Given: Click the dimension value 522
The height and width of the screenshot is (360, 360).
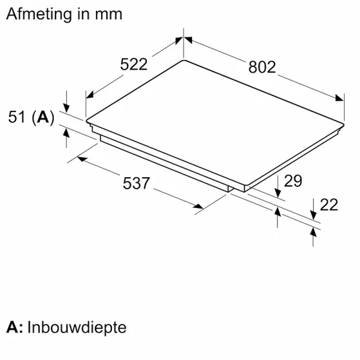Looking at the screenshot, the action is (x=133, y=64).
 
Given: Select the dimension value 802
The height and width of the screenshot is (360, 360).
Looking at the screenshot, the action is (x=262, y=67).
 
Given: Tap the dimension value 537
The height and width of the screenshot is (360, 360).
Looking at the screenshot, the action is (x=136, y=183).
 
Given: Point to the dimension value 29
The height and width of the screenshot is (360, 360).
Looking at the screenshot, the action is (x=293, y=181).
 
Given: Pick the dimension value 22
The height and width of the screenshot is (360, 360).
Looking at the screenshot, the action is (x=329, y=205).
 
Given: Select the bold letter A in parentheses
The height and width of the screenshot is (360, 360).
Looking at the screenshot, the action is (x=43, y=117).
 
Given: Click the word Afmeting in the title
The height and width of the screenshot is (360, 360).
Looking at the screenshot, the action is (x=39, y=14).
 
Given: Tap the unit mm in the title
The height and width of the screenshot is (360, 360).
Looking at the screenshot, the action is (x=109, y=15).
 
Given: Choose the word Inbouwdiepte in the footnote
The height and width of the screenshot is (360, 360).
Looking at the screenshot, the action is (x=77, y=327).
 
